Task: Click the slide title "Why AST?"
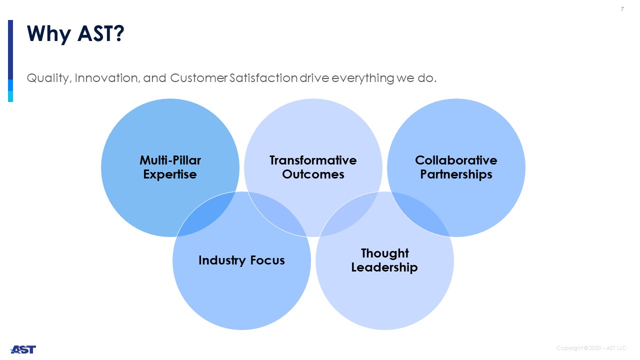point(75,34)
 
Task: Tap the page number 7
point(622,9)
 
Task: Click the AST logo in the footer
point(23,349)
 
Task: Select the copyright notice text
point(591,348)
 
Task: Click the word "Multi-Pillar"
point(170,160)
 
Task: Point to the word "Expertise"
point(170,174)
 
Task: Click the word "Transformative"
point(313,160)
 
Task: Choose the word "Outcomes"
point(313,174)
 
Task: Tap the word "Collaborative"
point(456,160)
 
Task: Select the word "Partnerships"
point(456,174)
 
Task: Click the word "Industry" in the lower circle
point(222,260)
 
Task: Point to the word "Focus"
point(267,260)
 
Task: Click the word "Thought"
point(385,253)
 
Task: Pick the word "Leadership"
point(384,267)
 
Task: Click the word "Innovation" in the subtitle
point(107,78)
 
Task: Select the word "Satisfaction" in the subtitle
point(263,77)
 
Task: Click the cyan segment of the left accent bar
point(10,96)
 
